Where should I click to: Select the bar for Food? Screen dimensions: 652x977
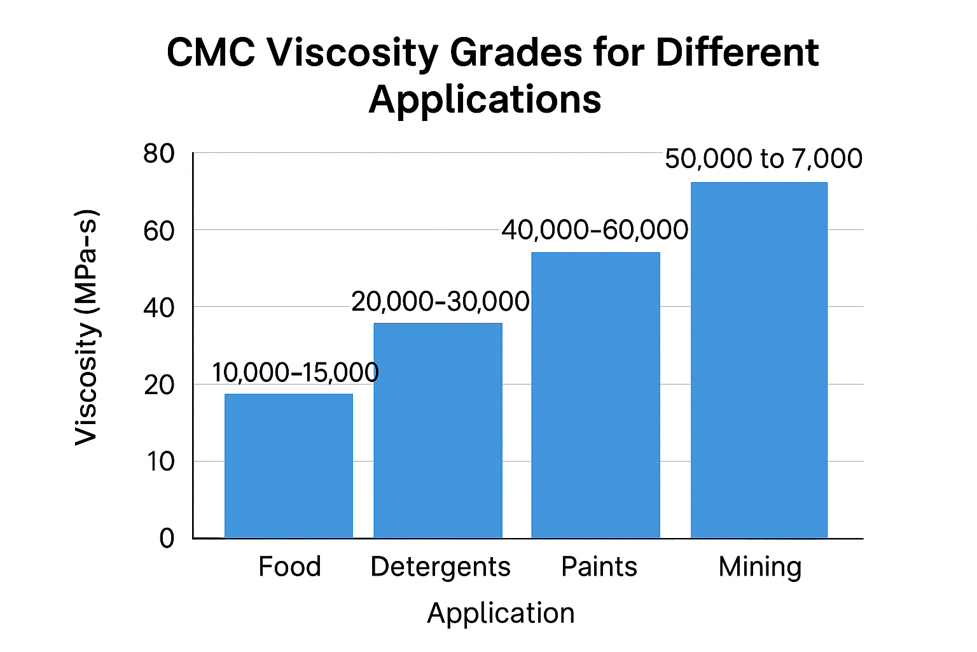pos(289,466)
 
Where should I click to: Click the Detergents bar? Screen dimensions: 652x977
pos(438,430)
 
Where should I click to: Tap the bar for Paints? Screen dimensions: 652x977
pos(595,395)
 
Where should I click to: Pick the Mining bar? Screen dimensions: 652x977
pos(759,360)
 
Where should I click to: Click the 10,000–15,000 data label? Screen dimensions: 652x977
pos(295,372)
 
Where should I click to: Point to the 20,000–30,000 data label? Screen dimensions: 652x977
pos(440,301)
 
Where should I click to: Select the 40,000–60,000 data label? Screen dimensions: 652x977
pos(595,230)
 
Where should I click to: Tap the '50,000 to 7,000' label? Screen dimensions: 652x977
pos(763,159)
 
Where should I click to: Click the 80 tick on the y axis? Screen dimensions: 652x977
pos(159,153)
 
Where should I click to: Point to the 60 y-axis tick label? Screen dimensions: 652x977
pos(159,231)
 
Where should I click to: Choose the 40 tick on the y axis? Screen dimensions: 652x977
pos(159,308)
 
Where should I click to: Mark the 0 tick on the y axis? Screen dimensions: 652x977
pos(167,539)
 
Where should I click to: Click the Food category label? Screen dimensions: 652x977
pos(289,567)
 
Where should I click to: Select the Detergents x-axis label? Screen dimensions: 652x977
pos(440,567)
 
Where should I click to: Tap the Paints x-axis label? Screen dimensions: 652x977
pos(599,567)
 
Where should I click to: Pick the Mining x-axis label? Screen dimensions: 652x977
pos(760,567)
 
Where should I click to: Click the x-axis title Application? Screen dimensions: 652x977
pos(501,613)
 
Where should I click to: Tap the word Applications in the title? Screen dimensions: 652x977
pos(485,99)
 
